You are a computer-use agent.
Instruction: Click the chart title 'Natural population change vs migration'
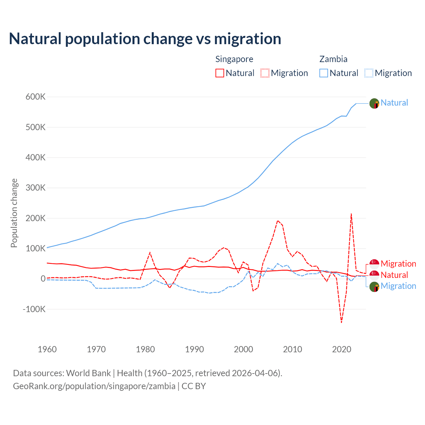(145, 39)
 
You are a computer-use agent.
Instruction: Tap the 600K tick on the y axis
(36, 97)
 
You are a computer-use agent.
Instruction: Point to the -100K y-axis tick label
(34, 309)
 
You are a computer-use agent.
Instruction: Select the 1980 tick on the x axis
(145, 349)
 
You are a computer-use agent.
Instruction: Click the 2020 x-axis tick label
(342, 349)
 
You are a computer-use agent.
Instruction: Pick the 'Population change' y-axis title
(14, 213)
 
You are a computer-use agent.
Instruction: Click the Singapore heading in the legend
(234, 59)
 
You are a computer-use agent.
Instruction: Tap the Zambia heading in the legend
(333, 59)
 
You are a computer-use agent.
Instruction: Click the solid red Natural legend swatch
(220, 73)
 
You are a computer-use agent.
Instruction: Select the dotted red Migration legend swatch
(265, 73)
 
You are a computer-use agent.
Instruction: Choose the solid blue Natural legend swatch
(324, 73)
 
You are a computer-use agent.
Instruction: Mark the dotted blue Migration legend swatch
(369, 73)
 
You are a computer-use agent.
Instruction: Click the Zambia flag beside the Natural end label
(374, 103)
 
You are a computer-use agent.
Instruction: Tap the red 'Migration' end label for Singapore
(398, 264)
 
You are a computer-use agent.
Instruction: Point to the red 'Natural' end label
(394, 275)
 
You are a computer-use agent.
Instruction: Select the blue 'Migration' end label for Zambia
(398, 286)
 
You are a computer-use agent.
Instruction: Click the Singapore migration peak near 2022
(351, 214)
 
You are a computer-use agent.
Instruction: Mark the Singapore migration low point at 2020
(341, 322)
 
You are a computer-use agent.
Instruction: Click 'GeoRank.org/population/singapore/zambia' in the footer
(94, 386)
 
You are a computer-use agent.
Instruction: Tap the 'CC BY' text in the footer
(194, 386)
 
